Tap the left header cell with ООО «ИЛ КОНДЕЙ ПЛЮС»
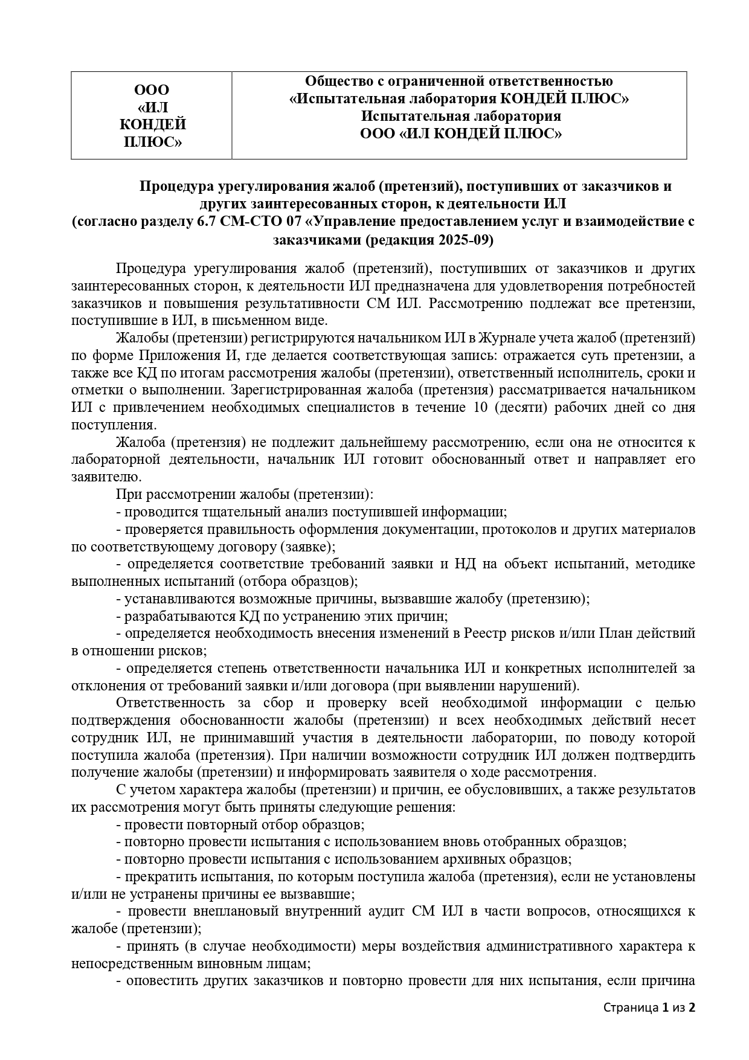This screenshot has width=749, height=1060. (x=152, y=115)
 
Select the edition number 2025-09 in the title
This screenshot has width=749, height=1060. (x=465, y=240)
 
